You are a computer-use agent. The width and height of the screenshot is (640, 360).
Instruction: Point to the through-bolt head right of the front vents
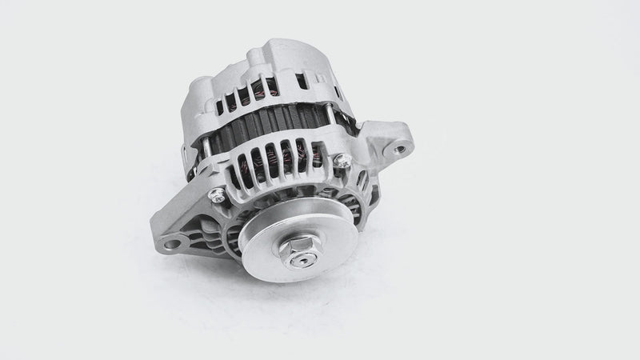coord(345,162)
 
